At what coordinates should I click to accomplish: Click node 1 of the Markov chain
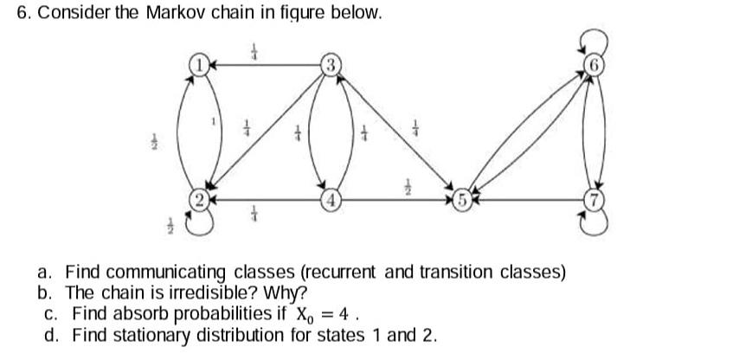[x=200, y=63]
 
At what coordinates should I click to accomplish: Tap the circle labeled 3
[x=331, y=63]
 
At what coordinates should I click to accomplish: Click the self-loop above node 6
[x=594, y=40]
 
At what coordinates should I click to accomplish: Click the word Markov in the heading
[x=148, y=15]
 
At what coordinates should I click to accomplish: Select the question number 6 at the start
[x=23, y=15]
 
